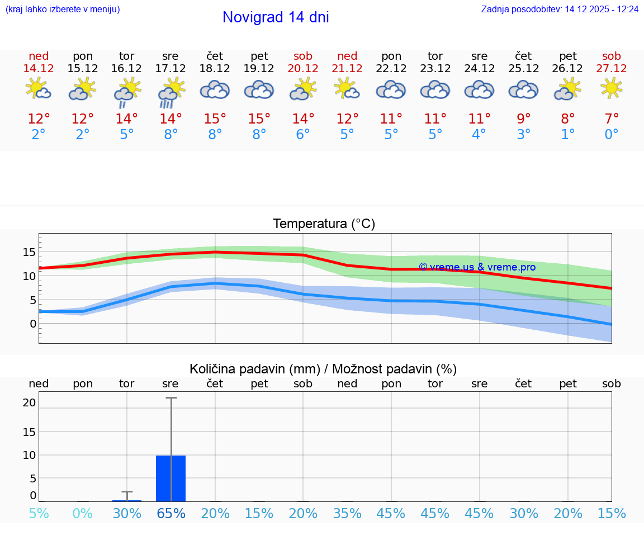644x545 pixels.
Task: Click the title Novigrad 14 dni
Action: (x=276, y=17)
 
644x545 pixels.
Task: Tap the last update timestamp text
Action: (x=560, y=10)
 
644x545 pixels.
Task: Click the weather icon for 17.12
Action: (x=171, y=91)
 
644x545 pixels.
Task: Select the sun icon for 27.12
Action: (x=611, y=88)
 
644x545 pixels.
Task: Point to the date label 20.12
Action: (x=303, y=68)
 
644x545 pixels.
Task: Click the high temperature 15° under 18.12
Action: (x=215, y=119)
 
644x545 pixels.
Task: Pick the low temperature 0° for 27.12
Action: (x=612, y=135)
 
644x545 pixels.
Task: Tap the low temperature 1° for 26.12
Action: (x=568, y=135)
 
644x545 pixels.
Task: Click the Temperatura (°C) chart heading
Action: (x=324, y=224)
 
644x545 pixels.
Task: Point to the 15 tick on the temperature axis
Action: (x=29, y=252)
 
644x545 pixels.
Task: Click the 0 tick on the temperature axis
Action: (x=33, y=324)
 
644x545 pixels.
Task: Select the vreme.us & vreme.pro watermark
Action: (x=477, y=267)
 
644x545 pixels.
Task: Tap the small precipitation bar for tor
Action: (x=127, y=500)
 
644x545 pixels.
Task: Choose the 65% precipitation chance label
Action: (x=171, y=513)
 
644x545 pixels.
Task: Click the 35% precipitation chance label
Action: (x=347, y=513)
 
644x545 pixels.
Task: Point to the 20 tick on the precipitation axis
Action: (x=29, y=402)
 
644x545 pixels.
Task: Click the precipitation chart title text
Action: (x=323, y=369)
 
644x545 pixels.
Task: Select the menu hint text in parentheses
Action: (x=63, y=10)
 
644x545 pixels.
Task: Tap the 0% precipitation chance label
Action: (x=83, y=513)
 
